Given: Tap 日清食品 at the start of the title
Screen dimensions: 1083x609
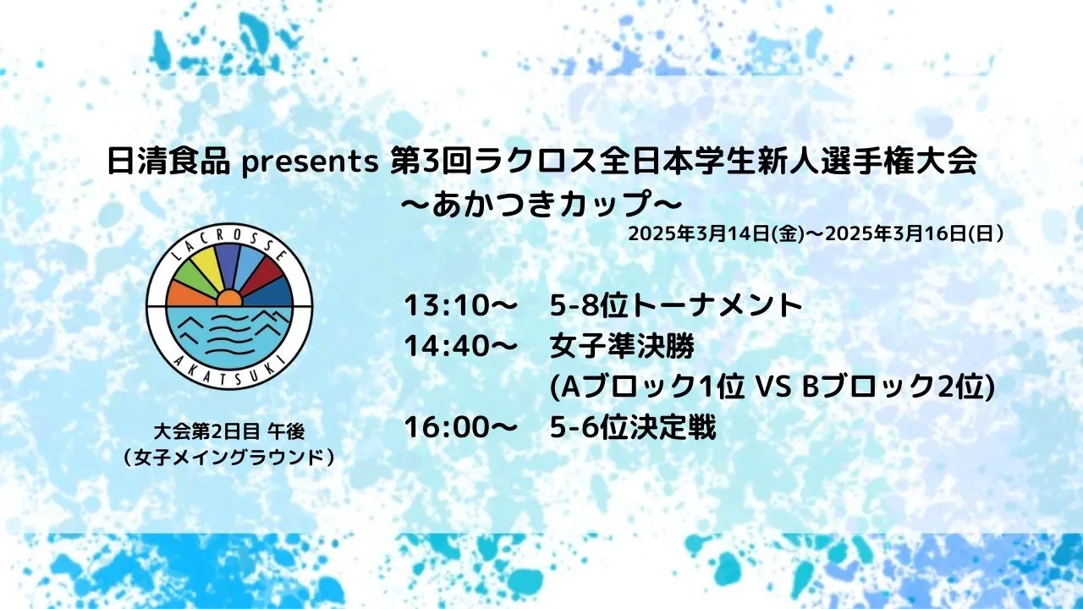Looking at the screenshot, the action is (x=168, y=162).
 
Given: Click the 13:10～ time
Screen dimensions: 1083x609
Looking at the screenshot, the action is (x=458, y=305).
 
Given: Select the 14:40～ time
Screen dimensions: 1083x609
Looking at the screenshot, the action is (x=458, y=346).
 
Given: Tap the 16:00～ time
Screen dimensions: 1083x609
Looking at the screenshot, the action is (x=458, y=428).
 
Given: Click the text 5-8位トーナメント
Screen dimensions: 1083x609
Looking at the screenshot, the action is (x=676, y=305).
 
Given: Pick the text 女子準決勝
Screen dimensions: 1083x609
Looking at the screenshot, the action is (x=623, y=346).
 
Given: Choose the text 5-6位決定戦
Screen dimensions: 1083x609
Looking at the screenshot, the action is (x=633, y=428).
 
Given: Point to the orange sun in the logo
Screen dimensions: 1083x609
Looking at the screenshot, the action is (x=229, y=299).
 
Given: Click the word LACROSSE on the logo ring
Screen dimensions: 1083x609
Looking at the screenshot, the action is (x=229, y=247).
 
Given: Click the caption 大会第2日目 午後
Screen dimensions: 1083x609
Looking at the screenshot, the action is (x=229, y=432).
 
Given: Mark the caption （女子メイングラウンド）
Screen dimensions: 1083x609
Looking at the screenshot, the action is (x=229, y=458).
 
